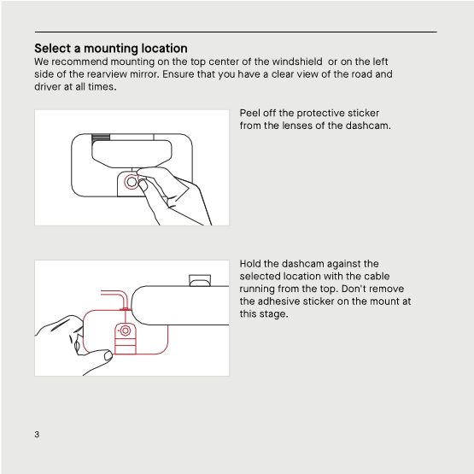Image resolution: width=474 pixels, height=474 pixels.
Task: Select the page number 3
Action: pyautogui.click(x=37, y=435)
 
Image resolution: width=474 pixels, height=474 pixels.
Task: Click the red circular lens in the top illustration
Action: pyautogui.click(x=131, y=182)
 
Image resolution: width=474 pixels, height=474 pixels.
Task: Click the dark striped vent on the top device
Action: pyautogui.click(x=101, y=135)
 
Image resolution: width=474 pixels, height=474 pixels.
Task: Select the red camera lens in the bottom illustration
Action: pyautogui.click(x=125, y=330)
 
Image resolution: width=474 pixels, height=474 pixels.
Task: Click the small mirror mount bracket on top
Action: pyautogui.click(x=199, y=278)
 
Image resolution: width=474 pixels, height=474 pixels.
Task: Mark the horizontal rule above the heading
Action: pyautogui.click(x=235, y=32)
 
